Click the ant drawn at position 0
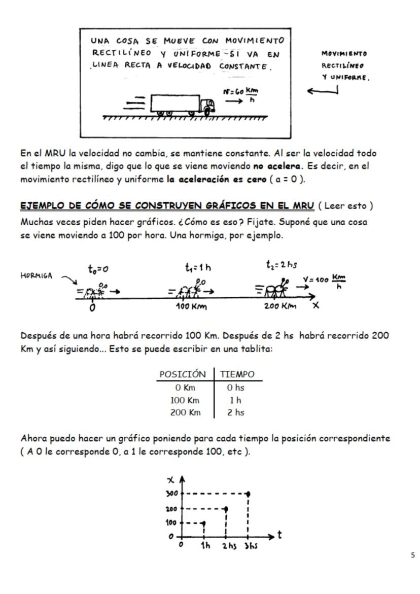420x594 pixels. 93,291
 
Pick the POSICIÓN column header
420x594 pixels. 183,374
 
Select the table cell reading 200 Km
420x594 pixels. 185,412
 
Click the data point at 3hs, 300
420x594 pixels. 248,493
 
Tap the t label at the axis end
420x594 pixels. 279,535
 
